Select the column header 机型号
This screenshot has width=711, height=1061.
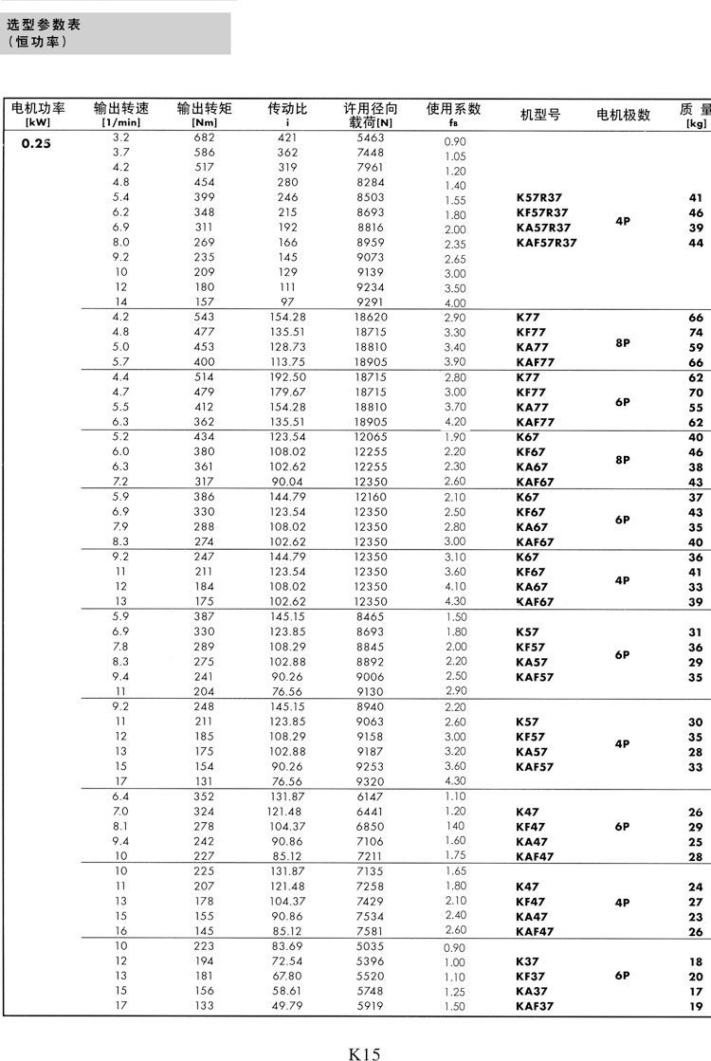[x=540, y=115]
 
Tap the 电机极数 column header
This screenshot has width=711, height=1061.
[x=623, y=115]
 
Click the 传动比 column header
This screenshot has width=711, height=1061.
[x=287, y=108]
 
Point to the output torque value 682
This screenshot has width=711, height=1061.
[x=204, y=137]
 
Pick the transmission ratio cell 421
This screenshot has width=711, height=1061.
[x=287, y=137]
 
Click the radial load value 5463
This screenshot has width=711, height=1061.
[x=370, y=137]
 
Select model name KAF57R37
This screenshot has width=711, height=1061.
[x=546, y=243]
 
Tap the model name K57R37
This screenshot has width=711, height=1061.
[x=538, y=197]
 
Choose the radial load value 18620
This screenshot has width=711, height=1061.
[x=370, y=317]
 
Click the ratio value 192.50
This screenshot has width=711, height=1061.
[x=287, y=376]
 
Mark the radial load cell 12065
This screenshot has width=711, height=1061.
[x=370, y=436]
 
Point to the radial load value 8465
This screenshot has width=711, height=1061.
[x=370, y=616]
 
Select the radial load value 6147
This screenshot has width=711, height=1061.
[x=370, y=796]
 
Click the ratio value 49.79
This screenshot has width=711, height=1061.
[x=287, y=1006]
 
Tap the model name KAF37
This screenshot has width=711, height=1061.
[x=535, y=1006]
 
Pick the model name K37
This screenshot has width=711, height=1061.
[x=527, y=960]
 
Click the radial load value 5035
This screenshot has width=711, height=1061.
[x=370, y=946]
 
